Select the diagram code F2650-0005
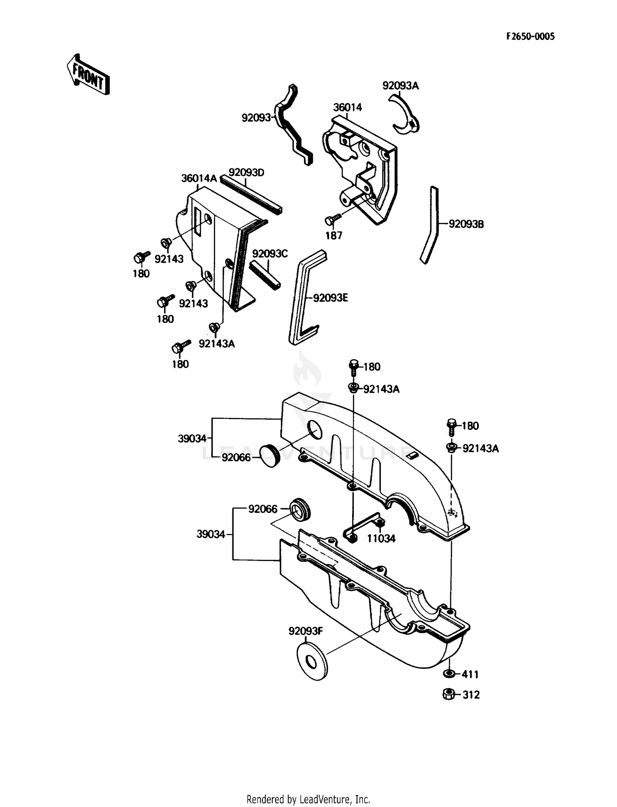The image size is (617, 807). tap(530, 36)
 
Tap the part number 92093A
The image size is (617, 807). tap(400, 86)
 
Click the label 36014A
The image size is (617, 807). tap(199, 178)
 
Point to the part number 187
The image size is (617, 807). tap(334, 236)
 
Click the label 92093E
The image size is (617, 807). tap(330, 297)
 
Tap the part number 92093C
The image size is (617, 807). tap(270, 253)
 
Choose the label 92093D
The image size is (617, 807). tap(246, 172)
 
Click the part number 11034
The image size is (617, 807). tap(381, 538)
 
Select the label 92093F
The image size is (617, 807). tap(305, 631)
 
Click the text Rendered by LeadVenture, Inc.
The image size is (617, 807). tap(308, 799)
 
